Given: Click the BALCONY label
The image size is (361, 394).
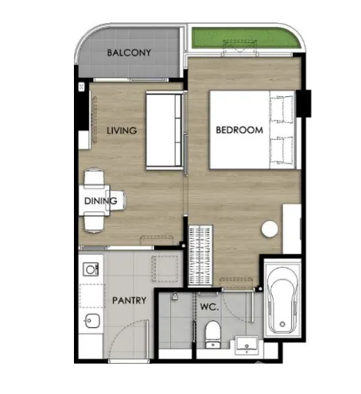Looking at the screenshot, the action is pos(129,52).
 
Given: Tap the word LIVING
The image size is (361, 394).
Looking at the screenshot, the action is pos(122,130).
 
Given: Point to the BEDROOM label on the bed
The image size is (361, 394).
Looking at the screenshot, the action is pos(239,130).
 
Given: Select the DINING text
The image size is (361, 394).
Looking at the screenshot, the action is pos(101,201).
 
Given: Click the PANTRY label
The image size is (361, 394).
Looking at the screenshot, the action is pos(129,300).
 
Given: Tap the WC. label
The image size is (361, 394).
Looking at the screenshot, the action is pos(209,307).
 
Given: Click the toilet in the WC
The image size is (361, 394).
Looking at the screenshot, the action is pos(213,334).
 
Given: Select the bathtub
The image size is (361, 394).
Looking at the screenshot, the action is pos(282,300).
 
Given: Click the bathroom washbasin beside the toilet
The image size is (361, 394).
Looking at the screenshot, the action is pos(246,346).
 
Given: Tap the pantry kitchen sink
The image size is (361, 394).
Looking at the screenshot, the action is pos(91,321).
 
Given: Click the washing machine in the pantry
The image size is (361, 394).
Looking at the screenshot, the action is pos(91,269).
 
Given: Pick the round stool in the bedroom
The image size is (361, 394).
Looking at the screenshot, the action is pos(270,229).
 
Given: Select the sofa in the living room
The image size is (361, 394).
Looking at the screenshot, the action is pos(165,130).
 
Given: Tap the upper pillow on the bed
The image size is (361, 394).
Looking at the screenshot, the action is pos(282,110).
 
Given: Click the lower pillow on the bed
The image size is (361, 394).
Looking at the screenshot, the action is pos(282,150).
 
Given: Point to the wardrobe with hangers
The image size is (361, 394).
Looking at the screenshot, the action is pos(200,256).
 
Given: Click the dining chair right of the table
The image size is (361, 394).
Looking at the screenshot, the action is pos(116,200).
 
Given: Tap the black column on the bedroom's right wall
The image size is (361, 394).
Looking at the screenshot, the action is pos(304,103).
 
